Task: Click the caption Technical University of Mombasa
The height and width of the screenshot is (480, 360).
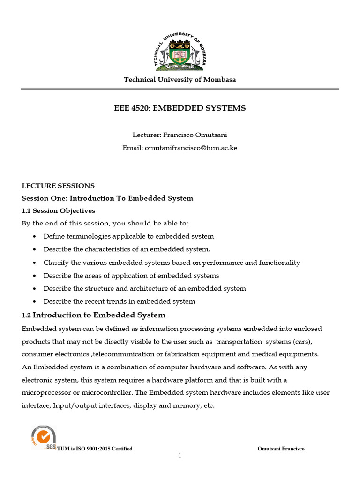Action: (180, 80)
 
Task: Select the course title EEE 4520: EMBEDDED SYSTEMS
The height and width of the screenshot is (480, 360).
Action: (180, 108)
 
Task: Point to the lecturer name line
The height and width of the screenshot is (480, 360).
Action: (180, 135)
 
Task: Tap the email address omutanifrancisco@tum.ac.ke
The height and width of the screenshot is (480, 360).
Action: (180, 148)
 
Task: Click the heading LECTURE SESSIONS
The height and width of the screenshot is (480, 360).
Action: (58, 186)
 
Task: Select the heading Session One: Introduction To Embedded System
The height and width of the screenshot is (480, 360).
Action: (107, 198)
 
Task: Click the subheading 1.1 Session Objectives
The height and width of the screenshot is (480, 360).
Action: (58, 211)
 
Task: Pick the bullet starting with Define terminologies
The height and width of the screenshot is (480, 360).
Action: (128, 236)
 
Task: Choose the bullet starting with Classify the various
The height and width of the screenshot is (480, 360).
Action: (172, 262)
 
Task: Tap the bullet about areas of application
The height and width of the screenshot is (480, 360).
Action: (131, 276)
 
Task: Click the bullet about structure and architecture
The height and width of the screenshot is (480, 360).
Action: (144, 288)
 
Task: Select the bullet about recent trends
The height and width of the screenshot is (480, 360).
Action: (119, 301)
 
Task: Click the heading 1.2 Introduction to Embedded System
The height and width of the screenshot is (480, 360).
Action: (94, 315)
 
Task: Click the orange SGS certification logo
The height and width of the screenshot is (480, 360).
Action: (43, 437)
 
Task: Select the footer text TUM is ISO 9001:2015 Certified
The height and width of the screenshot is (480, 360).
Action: (95, 449)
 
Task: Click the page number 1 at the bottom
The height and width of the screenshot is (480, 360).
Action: (180, 456)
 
